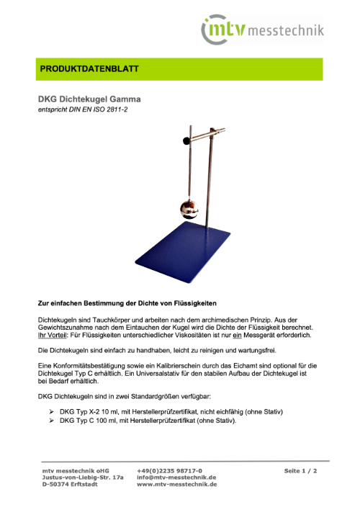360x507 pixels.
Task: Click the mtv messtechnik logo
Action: coord(262,30)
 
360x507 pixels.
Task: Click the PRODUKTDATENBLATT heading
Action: coord(89,69)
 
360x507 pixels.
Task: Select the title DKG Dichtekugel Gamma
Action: coord(89,99)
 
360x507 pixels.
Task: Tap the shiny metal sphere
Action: coord(189,209)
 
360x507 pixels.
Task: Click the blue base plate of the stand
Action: coord(183,251)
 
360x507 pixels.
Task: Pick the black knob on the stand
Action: coord(186,140)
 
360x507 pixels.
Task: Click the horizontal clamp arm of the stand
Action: coord(207,135)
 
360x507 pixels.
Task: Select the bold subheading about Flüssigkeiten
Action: coord(127,303)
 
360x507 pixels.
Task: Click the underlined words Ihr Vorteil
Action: coord(52,335)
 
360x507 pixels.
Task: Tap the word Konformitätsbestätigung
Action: coord(84,366)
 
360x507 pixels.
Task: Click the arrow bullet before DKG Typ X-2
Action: coord(51,412)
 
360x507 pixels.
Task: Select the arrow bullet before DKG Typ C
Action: coord(51,421)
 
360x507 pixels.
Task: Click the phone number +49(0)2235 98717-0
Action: coord(169,471)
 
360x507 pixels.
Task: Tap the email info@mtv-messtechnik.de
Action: coord(176,477)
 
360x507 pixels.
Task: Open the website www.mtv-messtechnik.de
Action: coord(177,484)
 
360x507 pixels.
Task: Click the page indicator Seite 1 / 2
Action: coord(300,471)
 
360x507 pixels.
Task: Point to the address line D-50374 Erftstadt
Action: coord(70,484)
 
